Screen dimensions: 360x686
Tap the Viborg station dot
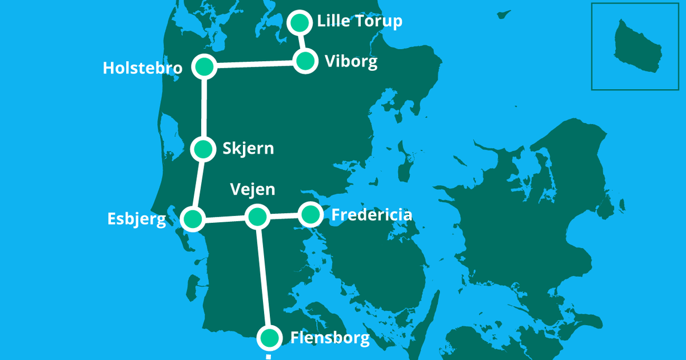tap(306, 61)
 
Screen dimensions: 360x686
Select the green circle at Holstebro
tap(204, 67)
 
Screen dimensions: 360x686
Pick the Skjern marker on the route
tap(202, 149)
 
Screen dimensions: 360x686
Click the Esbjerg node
tap(193, 219)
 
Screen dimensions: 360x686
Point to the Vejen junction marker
tap(257, 216)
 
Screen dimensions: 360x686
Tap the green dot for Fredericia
tap(310, 214)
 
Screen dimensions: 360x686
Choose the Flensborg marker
tap(269, 338)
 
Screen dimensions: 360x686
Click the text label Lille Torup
tap(360, 22)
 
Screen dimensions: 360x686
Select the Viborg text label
tap(351, 62)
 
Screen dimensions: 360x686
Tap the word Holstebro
tap(142, 69)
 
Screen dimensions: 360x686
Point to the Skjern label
tap(248, 149)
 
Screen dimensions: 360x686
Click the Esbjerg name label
tap(137, 219)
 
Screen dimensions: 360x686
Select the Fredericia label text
tap(372, 215)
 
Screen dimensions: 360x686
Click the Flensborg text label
tap(330, 338)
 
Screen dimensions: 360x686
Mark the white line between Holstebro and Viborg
tap(254, 64)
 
